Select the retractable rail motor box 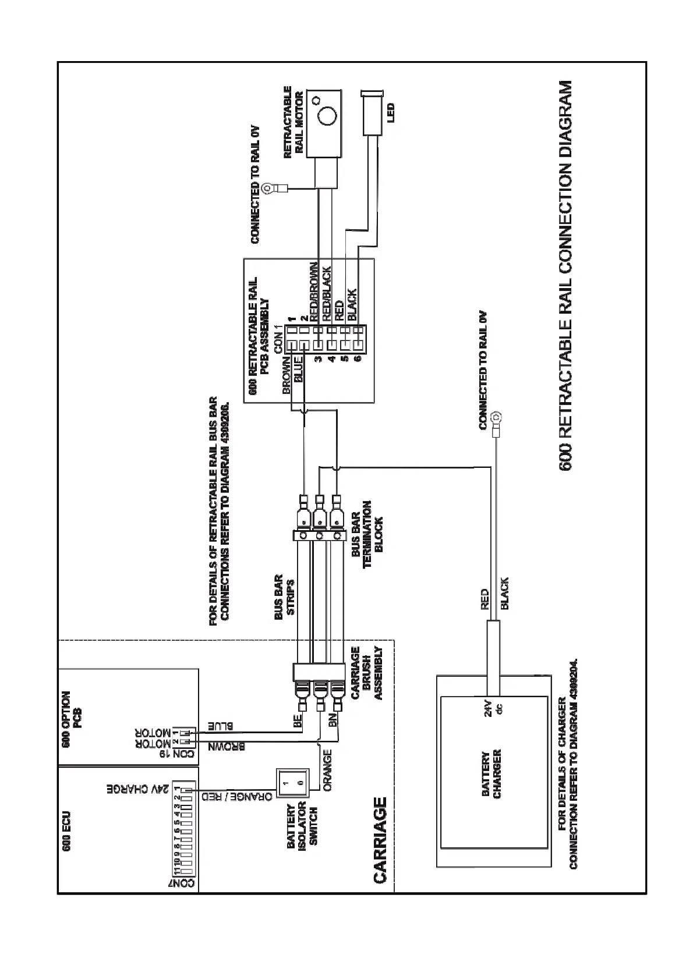(x=324, y=123)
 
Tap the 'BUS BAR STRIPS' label (x=285, y=595)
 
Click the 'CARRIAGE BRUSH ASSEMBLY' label (x=367, y=673)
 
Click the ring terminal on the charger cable (x=497, y=417)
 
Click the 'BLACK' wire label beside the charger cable (x=505, y=593)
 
